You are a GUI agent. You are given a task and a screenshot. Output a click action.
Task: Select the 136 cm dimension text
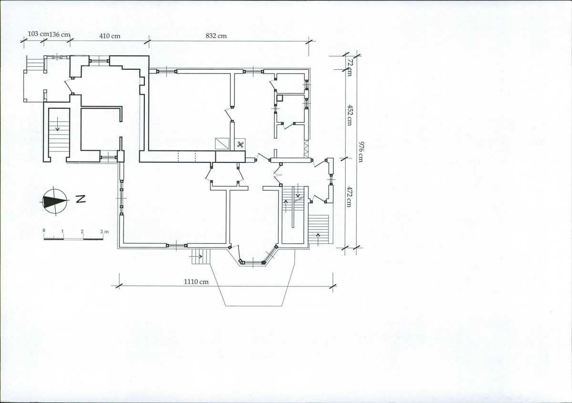coord(59,34)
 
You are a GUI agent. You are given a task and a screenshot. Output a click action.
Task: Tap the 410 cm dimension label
coord(110,36)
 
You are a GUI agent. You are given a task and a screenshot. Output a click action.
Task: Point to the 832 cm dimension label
coord(216,36)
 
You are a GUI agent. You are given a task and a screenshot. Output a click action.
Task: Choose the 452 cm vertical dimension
coord(349,115)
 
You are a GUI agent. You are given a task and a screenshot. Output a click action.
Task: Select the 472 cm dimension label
coord(349,197)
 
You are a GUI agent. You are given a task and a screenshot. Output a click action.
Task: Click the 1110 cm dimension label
coord(196,282)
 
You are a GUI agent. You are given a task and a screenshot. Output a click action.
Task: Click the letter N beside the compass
coord(81,199)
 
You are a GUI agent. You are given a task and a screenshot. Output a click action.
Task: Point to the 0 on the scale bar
coord(44,231)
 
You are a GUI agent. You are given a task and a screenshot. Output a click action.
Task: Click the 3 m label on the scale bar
coord(104,232)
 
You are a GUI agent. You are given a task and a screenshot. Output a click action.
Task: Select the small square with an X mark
coord(240,145)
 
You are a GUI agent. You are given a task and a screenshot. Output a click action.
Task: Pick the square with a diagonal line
coord(222,144)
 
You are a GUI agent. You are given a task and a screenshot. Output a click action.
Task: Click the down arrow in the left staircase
coord(58,124)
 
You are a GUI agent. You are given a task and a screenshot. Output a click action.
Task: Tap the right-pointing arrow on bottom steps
coord(199,256)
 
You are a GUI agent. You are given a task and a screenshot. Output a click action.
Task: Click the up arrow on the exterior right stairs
coord(318,239)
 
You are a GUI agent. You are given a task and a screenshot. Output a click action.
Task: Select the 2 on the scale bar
coord(82,232)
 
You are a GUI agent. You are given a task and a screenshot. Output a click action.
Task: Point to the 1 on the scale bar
coord(62,231)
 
